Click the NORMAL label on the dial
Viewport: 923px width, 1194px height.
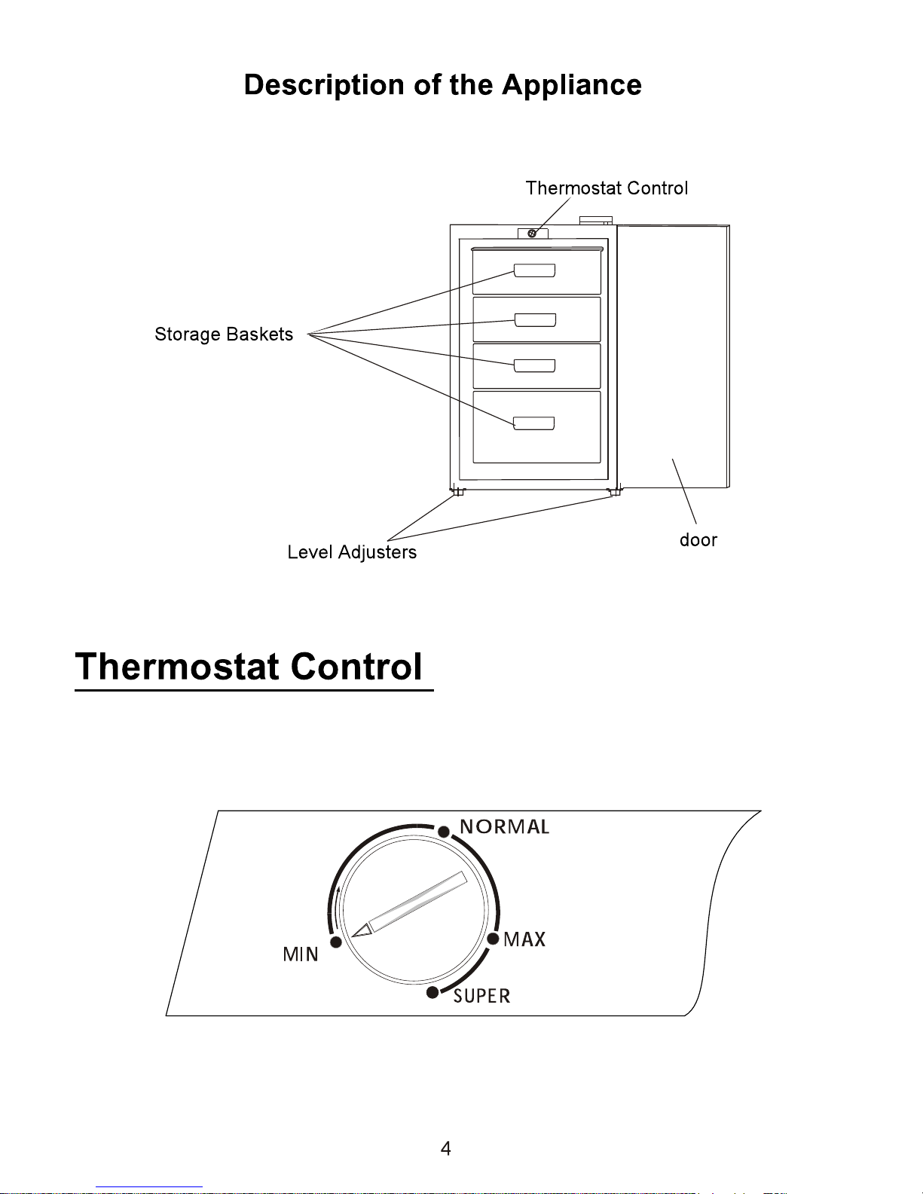pyautogui.click(x=504, y=826)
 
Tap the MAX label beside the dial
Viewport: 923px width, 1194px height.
pyautogui.click(x=524, y=939)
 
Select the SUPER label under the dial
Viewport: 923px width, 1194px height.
pyautogui.click(x=481, y=996)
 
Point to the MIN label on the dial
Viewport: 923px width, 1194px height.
pyautogui.click(x=301, y=954)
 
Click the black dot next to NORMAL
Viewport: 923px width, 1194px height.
pyautogui.click(x=444, y=832)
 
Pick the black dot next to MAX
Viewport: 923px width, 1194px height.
pyautogui.click(x=494, y=939)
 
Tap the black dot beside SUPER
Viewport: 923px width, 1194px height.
pyautogui.click(x=433, y=992)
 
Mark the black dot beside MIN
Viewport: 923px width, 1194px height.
pyautogui.click(x=336, y=942)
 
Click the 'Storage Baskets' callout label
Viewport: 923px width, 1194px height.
pyautogui.click(x=224, y=334)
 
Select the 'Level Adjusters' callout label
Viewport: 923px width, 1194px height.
pyautogui.click(x=352, y=552)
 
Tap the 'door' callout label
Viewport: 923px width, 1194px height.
pyautogui.click(x=698, y=540)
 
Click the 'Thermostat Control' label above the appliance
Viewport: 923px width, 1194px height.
pyautogui.click(x=607, y=188)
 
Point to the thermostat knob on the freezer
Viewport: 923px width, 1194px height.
pyautogui.click(x=532, y=234)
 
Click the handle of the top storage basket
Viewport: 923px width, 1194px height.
pyautogui.click(x=534, y=270)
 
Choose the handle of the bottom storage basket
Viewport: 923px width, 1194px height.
pyautogui.click(x=534, y=423)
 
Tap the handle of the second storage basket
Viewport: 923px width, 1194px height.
pyautogui.click(x=535, y=320)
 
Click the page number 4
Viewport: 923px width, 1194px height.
pyautogui.click(x=446, y=1149)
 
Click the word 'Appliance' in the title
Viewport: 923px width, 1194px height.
pyautogui.click(x=571, y=85)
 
